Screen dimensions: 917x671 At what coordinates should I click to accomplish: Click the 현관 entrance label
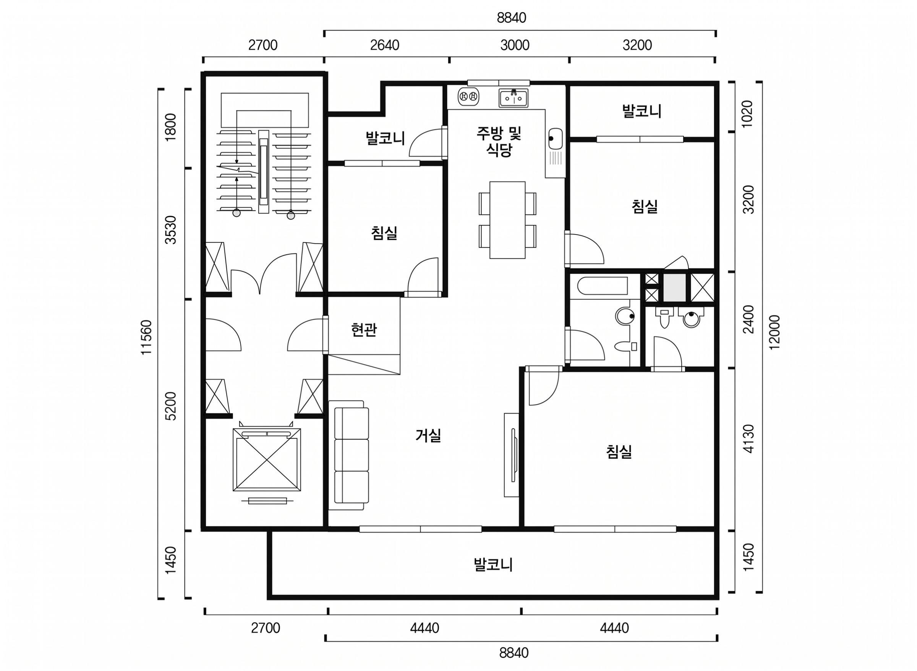point(364,330)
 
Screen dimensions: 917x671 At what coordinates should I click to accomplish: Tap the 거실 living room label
point(428,435)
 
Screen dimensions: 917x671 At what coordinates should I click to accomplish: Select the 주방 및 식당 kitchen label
point(499,141)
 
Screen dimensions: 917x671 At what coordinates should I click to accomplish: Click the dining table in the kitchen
point(507,220)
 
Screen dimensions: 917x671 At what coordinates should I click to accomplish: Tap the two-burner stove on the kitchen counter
point(468,97)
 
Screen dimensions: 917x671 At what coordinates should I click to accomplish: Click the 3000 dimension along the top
point(515,45)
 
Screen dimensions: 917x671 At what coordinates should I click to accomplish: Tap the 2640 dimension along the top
point(385,45)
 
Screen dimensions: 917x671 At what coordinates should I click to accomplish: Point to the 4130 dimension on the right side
point(748,439)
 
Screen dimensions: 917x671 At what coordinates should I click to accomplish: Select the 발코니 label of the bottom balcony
point(493,564)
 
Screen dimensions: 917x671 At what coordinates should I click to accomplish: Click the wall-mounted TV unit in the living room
point(512,455)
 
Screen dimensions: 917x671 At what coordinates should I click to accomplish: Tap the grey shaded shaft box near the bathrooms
point(674,288)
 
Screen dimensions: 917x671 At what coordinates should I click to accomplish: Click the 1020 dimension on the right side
point(748,114)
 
